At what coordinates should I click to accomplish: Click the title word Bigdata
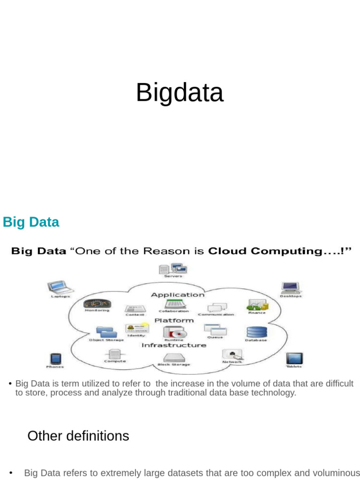click(180, 92)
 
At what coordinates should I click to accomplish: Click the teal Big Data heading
click(31, 222)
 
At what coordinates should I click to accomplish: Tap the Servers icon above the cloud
click(172, 269)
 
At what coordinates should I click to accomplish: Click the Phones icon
click(55, 359)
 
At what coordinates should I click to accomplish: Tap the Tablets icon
click(294, 359)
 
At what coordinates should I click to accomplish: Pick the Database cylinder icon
click(256, 332)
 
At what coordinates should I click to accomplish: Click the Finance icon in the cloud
click(256, 305)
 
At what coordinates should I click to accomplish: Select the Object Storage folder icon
click(106, 332)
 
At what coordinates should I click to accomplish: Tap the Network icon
click(232, 354)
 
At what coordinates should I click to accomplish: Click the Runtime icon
click(173, 333)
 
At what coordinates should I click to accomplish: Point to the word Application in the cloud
click(178, 295)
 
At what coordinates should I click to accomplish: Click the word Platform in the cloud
click(174, 321)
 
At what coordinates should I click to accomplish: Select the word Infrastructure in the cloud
click(173, 345)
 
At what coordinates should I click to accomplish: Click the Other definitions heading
click(78, 436)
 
